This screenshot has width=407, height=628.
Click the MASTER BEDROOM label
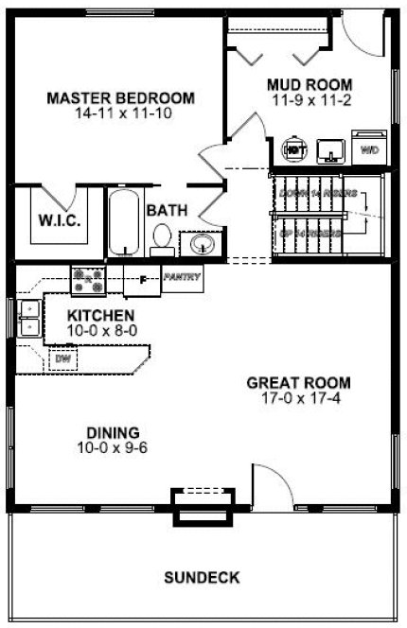tap(121, 97)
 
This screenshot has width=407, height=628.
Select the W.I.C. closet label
tap(58, 220)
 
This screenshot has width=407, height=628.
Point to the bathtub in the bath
tap(122, 223)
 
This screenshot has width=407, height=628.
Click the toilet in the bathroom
tap(162, 238)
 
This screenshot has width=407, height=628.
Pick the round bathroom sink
tap(202, 246)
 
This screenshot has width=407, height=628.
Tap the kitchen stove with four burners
tap(88, 278)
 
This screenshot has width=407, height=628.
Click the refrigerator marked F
tap(142, 280)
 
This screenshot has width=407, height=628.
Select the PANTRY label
tap(179, 277)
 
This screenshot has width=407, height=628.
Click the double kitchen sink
tap(28, 318)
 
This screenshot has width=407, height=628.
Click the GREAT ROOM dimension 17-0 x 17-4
tap(299, 398)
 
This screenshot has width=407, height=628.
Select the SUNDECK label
tap(201, 576)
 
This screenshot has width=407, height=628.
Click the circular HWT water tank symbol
tap(294, 149)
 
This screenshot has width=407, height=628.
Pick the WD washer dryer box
tap(369, 149)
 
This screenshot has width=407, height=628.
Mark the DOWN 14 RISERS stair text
tap(318, 193)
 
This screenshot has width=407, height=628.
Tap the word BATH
tap(166, 210)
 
